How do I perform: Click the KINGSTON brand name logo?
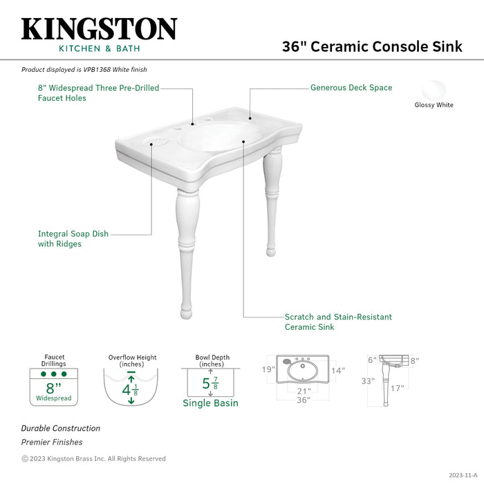coord(99,29)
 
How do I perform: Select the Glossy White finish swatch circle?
coord(434,91)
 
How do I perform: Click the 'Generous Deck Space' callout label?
coord(351,88)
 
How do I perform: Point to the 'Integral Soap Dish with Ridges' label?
coord(73,239)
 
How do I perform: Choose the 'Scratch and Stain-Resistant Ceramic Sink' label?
coord(338,322)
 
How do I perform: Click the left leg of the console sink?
coord(187,249)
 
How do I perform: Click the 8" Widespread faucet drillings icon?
coord(54,387)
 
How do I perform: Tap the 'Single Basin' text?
coord(210,403)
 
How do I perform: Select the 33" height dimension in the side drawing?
coord(368,381)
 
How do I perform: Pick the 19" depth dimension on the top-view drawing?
coord(269,370)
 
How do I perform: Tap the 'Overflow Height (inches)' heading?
coord(132,361)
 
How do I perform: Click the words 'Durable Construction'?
coord(60,428)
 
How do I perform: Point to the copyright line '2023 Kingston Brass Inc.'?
coord(93,458)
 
